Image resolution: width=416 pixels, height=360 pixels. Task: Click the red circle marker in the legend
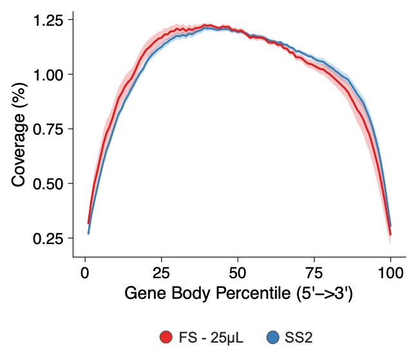166,337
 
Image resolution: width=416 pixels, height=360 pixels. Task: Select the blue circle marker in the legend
272,337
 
